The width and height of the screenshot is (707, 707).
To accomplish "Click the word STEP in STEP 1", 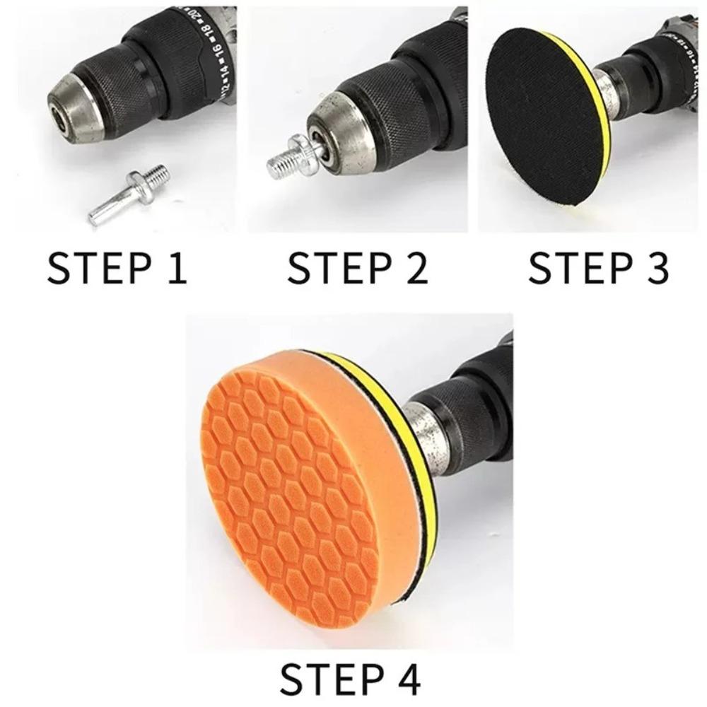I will click(x=95, y=268).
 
